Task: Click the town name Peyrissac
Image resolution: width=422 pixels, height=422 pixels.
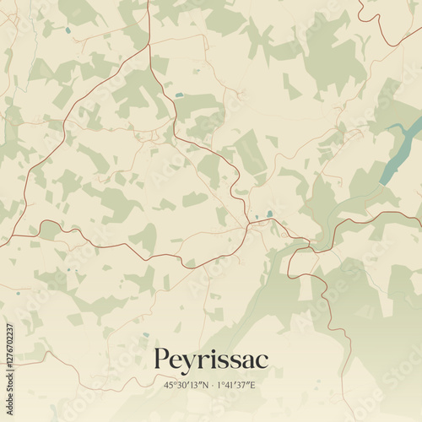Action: point(211,360)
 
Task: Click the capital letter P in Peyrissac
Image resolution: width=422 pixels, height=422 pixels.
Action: point(161,360)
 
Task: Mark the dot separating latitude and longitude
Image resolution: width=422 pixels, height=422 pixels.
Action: point(213,385)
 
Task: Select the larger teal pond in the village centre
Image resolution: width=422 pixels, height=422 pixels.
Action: point(268,214)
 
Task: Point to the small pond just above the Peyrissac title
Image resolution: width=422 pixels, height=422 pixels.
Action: point(146,334)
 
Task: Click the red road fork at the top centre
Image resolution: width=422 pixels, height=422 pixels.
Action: point(149,46)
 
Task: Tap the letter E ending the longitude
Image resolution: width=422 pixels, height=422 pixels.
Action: point(253,385)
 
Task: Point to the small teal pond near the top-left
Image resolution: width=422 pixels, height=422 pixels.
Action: point(68,30)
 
